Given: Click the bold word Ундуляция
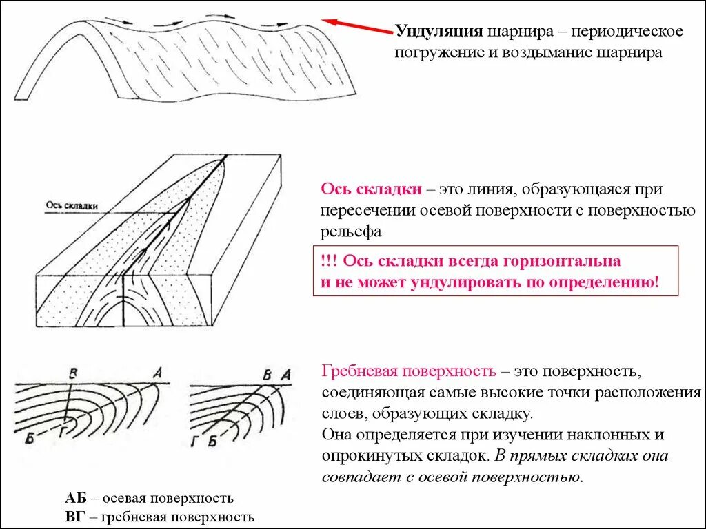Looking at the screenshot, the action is tap(438, 32).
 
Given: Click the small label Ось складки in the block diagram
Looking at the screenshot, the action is tap(71, 205).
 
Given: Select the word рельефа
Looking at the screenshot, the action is tap(350, 232).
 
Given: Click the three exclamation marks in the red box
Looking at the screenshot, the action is tap(329, 262).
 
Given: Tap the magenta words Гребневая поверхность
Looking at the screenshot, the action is tap(409, 372).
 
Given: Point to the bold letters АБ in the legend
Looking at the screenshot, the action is tap(76, 498).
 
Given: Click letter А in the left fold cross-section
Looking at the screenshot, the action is tap(157, 373).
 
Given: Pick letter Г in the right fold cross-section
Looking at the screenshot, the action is tap(196, 442).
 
